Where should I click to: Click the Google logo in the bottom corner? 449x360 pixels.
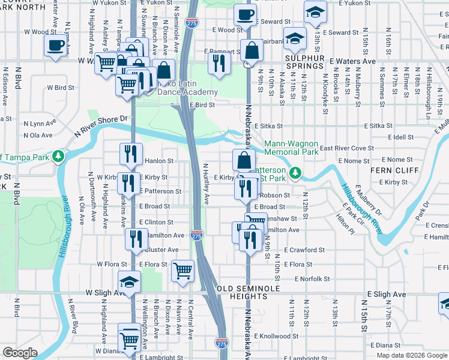pyautogui.click(x=20, y=353)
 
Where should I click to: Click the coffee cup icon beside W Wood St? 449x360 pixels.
pyautogui.click(x=55, y=45)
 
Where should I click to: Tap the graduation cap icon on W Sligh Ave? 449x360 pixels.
pyautogui.click(x=129, y=282)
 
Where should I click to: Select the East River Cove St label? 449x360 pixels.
pyautogui.click(x=346, y=148)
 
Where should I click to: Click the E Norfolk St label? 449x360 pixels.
pyautogui.click(x=312, y=279)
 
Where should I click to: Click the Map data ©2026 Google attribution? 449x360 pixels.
pyautogui.click(x=412, y=355)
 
